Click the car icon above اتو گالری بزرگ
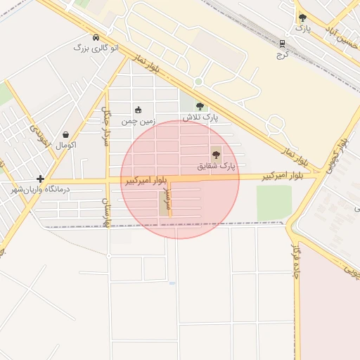point(96,37)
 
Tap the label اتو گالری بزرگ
point(96,49)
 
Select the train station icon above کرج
point(283,43)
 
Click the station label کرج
point(283,54)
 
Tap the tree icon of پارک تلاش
point(200,107)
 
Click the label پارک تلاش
point(199,117)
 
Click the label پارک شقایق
point(214,167)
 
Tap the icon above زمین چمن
point(138,110)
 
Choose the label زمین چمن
point(137,121)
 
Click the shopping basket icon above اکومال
point(65,134)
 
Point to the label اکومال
point(65,145)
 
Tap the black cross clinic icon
point(41,179)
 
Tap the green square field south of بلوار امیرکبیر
point(274,202)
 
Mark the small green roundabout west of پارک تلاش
point(198,82)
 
